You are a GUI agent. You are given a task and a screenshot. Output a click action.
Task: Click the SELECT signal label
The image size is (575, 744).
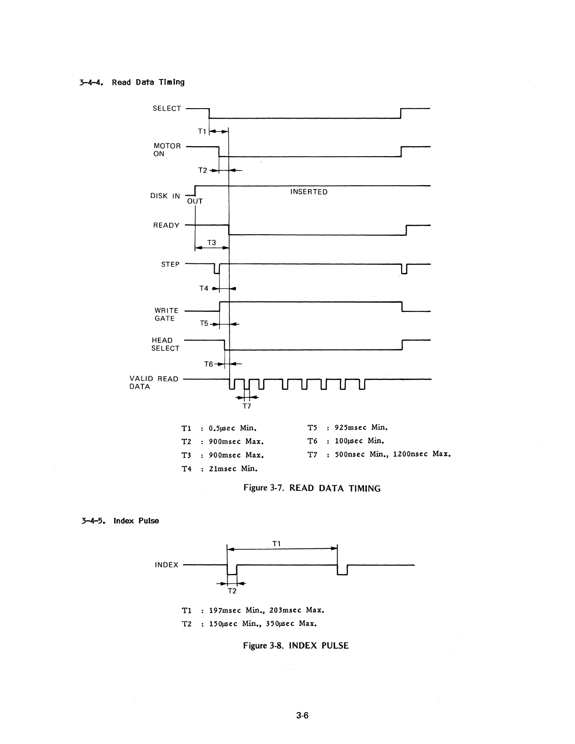click(x=167, y=109)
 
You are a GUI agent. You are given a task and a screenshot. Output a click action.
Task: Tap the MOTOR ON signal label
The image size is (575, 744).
click(x=167, y=150)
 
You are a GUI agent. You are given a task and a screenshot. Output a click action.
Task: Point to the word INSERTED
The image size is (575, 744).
click(x=309, y=192)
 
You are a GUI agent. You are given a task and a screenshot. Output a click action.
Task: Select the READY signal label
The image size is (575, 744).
click(x=166, y=225)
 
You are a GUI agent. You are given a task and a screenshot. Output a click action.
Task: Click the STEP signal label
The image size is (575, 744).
click(x=170, y=264)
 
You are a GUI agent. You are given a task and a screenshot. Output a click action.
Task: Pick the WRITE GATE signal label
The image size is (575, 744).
click(x=166, y=315)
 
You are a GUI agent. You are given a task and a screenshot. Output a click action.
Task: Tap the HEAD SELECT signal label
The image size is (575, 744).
click(x=165, y=344)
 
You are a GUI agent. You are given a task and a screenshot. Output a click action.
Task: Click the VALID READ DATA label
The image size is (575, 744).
click(x=154, y=383)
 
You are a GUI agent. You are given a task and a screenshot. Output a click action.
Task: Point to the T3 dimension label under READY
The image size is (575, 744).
click(x=212, y=243)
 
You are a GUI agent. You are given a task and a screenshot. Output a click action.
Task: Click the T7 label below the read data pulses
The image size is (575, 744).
click(x=247, y=406)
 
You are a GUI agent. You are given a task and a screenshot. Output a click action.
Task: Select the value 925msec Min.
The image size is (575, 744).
click(x=361, y=427)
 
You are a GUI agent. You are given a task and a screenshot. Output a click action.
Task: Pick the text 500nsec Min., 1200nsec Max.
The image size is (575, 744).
click(x=392, y=454)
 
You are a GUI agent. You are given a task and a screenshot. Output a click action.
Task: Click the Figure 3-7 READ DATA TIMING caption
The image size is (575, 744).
click(x=312, y=488)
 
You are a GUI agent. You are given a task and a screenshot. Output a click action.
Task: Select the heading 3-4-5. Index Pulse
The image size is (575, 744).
click(x=120, y=521)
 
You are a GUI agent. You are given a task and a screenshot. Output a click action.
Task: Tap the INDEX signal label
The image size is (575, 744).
click(x=167, y=565)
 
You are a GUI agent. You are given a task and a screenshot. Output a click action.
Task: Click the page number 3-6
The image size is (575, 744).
click(x=302, y=716)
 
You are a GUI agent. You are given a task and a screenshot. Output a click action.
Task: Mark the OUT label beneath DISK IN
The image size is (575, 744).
click(x=195, y=201)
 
